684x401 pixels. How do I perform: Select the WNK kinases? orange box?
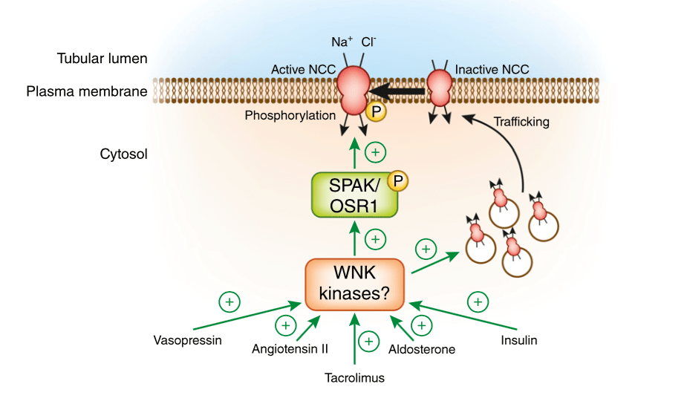click(355, 284)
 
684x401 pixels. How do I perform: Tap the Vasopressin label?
click(188, 341)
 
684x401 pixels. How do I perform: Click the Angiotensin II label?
click(291, 349)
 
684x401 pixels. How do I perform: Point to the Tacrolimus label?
click(355, 378)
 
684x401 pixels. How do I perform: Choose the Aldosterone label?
click(421, 349)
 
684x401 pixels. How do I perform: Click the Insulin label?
click(518, 341)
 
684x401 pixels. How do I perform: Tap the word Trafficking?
click(521, 122)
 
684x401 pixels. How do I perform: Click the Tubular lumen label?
click(102, 58)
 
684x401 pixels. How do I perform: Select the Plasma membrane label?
click(87, 93)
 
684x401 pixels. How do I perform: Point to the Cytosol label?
click(124, 154)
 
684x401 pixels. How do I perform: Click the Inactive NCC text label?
click(492, 69)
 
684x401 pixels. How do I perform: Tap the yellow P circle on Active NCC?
click(377, 109)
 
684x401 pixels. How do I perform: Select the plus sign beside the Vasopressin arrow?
click(229, 301)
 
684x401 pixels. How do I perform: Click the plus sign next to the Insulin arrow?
click(478, 301)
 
